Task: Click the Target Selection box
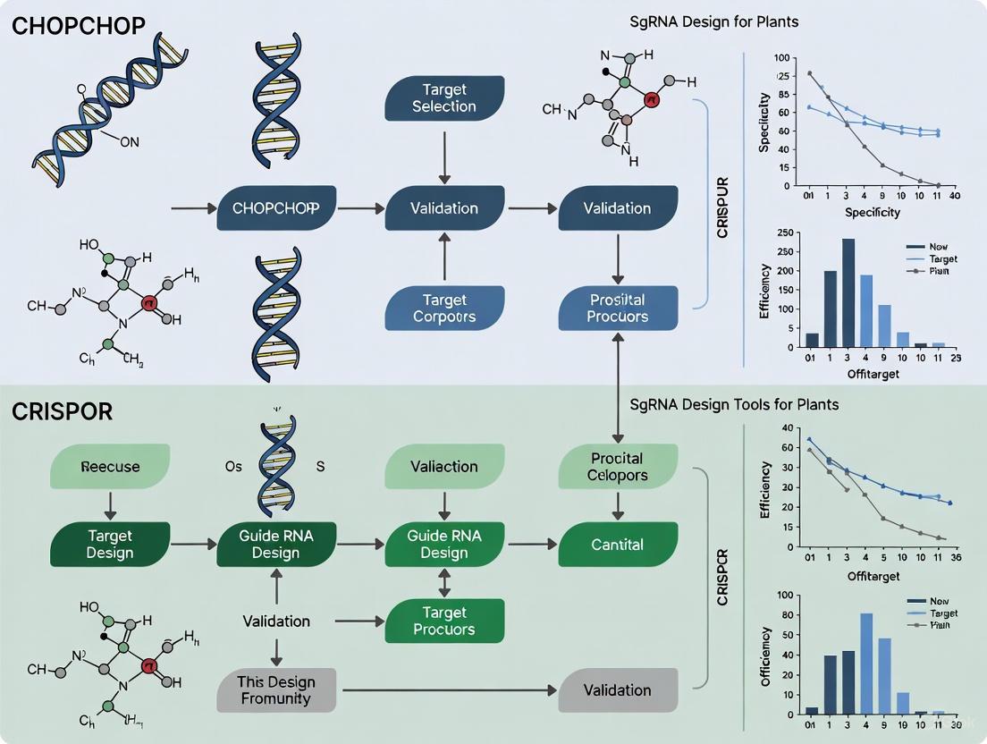444,98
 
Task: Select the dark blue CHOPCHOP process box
276,208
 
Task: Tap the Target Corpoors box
444,309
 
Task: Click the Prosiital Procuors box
618,309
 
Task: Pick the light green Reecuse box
110,467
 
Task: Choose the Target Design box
110,544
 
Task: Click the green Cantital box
618,544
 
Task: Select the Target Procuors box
444,621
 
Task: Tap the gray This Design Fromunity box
276,689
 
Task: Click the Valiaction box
444,467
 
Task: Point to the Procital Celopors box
618,467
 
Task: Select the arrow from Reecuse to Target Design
110,505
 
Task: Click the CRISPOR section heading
63,411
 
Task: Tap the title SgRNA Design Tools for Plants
735,404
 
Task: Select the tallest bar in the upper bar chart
848,292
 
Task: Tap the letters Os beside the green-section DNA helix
232,467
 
